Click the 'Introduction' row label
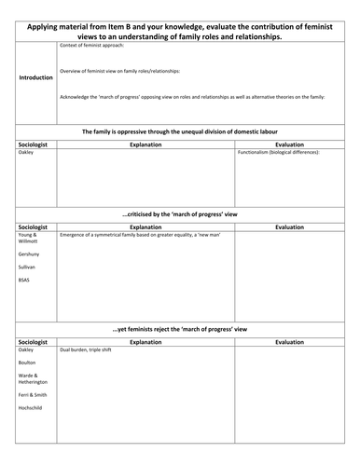[x=35, y=77]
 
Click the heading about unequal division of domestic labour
[x=180, y=131]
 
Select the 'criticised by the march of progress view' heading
[x=180, y=214]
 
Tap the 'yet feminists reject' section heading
[x=180, y=330]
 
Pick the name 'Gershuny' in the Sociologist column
[x=29, y=253]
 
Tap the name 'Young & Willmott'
[x=29, y=239]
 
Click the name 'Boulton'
[x=27, y=363]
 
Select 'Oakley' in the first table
[x=25, y=152]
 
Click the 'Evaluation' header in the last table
[x=289, y=341]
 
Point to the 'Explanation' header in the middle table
[x=145, y=226]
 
